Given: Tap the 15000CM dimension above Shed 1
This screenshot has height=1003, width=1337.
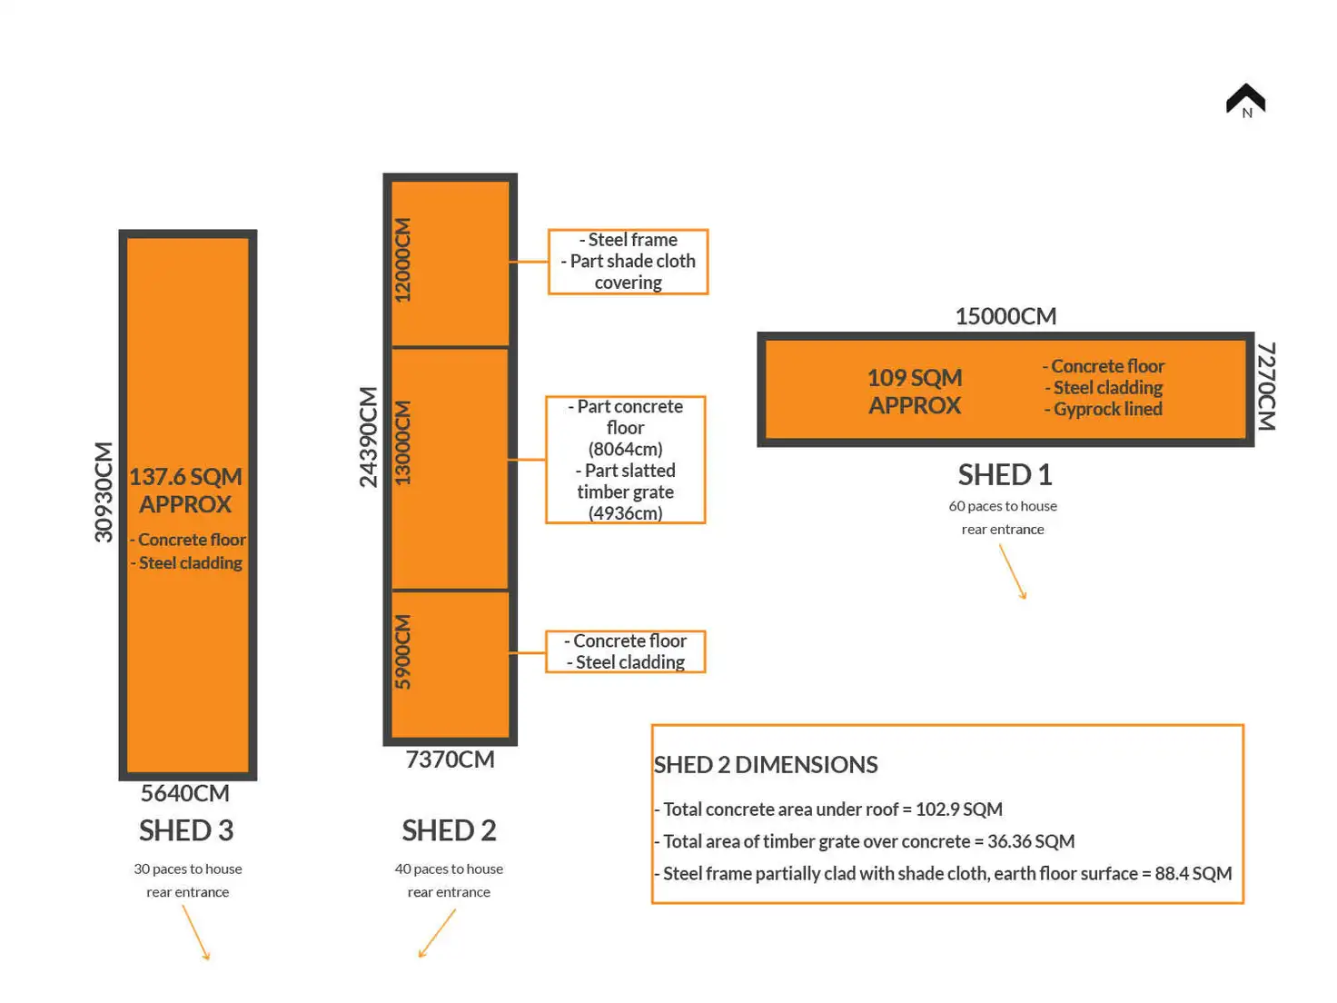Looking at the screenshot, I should point(1005,316).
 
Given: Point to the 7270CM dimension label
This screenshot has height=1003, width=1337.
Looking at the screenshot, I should point(1266,386).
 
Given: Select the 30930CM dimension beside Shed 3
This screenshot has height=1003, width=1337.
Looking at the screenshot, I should point(104,492).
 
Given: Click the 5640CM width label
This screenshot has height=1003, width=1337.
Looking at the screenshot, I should point(185,793).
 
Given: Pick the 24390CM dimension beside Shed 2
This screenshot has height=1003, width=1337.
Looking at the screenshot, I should point(368,437).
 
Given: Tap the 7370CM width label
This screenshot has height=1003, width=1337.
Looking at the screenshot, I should point(450,760).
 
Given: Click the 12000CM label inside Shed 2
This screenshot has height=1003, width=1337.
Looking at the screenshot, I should point(402,260).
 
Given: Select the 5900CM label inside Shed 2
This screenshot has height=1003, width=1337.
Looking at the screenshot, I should point(402,652).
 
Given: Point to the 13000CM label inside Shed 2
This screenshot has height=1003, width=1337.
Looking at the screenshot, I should point(402,442).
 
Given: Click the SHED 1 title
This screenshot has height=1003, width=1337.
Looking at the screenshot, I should point(1005,474).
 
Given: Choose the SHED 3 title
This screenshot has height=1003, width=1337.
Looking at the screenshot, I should point(186,830).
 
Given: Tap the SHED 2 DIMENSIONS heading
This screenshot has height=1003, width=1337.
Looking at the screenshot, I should point(766,765).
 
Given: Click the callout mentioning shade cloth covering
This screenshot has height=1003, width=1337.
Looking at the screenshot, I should point(628,262).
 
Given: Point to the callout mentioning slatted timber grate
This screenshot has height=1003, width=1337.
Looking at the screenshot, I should point(626,460).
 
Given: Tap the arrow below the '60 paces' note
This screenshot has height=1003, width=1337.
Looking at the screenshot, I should point(1013,571).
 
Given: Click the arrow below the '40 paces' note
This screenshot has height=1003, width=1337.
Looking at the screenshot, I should point(437,933).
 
